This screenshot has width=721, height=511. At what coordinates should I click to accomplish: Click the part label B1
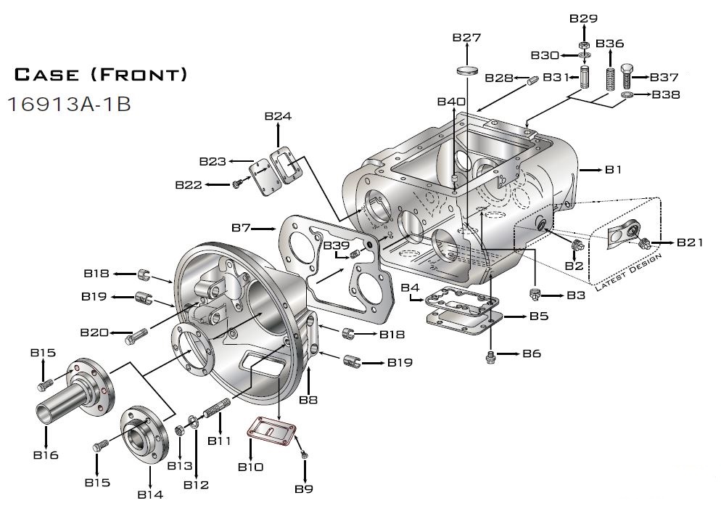[x=614, y=169]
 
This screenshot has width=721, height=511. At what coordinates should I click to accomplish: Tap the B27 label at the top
[x=466, y=38]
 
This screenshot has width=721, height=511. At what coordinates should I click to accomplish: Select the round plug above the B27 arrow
[x=466, y=71]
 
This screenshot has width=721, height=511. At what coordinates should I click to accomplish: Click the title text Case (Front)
[x=101, y=74]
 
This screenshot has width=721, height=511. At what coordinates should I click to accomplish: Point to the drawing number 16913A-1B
[x=69, y=104]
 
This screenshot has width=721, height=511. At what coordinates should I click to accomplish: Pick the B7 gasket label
[x=242, y=228]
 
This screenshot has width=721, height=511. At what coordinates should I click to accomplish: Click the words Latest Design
[x=628, y=274]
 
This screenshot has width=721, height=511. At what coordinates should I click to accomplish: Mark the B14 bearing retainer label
[x=149, y=494]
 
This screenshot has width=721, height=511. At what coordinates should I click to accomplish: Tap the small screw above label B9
[x=305, y=454]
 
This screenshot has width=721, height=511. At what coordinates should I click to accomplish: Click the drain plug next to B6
[x=491, y=356]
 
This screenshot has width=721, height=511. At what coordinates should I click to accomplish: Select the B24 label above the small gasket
[x=278, y=116]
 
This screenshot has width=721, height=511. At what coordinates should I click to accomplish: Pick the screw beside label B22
[x=236, y=186]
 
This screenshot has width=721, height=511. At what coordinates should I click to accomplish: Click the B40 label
[x=451, y=101]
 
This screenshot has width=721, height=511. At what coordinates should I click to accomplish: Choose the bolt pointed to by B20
[x=136, y=336]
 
